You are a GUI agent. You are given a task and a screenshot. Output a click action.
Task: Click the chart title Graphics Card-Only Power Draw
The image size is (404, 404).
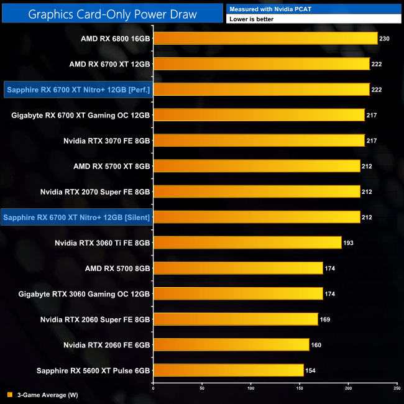pos(112,14)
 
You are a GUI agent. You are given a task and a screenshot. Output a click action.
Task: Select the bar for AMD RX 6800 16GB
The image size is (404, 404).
pos(265,39)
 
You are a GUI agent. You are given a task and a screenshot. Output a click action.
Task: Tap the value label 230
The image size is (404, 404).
pos(384,39)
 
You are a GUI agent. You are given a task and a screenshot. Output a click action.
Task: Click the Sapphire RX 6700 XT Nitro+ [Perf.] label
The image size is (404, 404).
pos(78,90)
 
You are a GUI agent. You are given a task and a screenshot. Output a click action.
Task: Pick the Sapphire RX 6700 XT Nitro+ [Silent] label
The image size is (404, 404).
pos(77,217)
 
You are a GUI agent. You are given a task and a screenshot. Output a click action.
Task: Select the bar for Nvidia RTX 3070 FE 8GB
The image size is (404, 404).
pos(259,140)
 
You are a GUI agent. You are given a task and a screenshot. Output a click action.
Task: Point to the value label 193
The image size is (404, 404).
pos(348,242)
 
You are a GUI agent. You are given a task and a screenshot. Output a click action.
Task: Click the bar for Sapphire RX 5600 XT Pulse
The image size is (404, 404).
pos(228,370)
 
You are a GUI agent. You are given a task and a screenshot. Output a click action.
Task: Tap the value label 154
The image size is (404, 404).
pos(310,370)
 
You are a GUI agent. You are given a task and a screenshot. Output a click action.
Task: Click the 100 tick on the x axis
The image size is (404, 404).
pos(250,388)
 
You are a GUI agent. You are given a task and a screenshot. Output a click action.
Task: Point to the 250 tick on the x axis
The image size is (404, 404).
pos(397,388)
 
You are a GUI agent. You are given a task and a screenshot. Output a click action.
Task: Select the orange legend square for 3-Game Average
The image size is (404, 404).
pos(9,395)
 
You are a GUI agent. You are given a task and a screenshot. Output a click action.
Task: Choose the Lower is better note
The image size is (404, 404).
pos(251,19)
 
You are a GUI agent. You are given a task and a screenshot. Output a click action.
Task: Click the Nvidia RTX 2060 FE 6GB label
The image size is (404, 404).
pos(106,344)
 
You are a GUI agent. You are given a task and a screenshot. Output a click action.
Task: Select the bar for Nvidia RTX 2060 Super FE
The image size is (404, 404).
pos(236,319)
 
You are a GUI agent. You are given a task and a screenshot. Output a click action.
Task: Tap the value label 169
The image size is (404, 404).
pos(324,319)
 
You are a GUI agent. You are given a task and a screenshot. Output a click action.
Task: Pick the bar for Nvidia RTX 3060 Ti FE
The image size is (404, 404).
pos(247,242)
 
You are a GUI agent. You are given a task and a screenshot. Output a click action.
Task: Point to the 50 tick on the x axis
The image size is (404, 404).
pos(202,388)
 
